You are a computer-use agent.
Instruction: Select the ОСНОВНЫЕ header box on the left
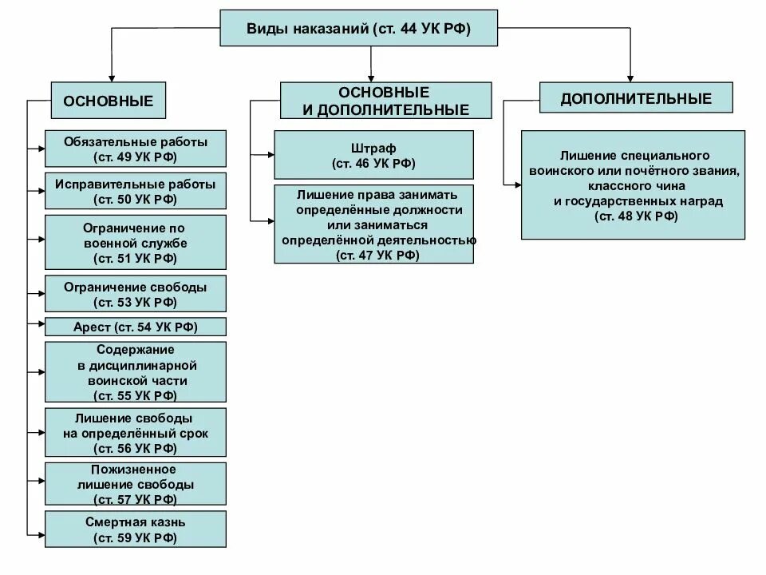point(109,101)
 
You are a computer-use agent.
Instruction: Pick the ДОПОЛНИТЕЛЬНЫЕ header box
point(636,99)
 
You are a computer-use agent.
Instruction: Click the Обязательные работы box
point(136,149)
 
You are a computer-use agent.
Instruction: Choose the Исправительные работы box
point(136,191)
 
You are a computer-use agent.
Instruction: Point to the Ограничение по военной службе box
point(136,241)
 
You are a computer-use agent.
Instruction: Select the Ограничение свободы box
point(136,293)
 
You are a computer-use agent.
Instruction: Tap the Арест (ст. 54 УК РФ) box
point(136,327)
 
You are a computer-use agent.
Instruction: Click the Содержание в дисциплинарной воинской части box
point(136,372)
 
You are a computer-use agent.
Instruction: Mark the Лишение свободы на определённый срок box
point(136,432)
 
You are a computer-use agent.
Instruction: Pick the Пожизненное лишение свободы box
point(136,484)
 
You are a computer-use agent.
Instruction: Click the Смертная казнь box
point(136,529)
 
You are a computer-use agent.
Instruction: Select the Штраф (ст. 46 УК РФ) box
point(373,155)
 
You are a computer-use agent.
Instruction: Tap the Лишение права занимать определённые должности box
point(373,224)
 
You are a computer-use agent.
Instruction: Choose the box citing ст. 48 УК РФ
point(633,184)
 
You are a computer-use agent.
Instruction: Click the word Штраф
point(373,148)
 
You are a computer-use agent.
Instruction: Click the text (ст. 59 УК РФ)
point(136,537)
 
